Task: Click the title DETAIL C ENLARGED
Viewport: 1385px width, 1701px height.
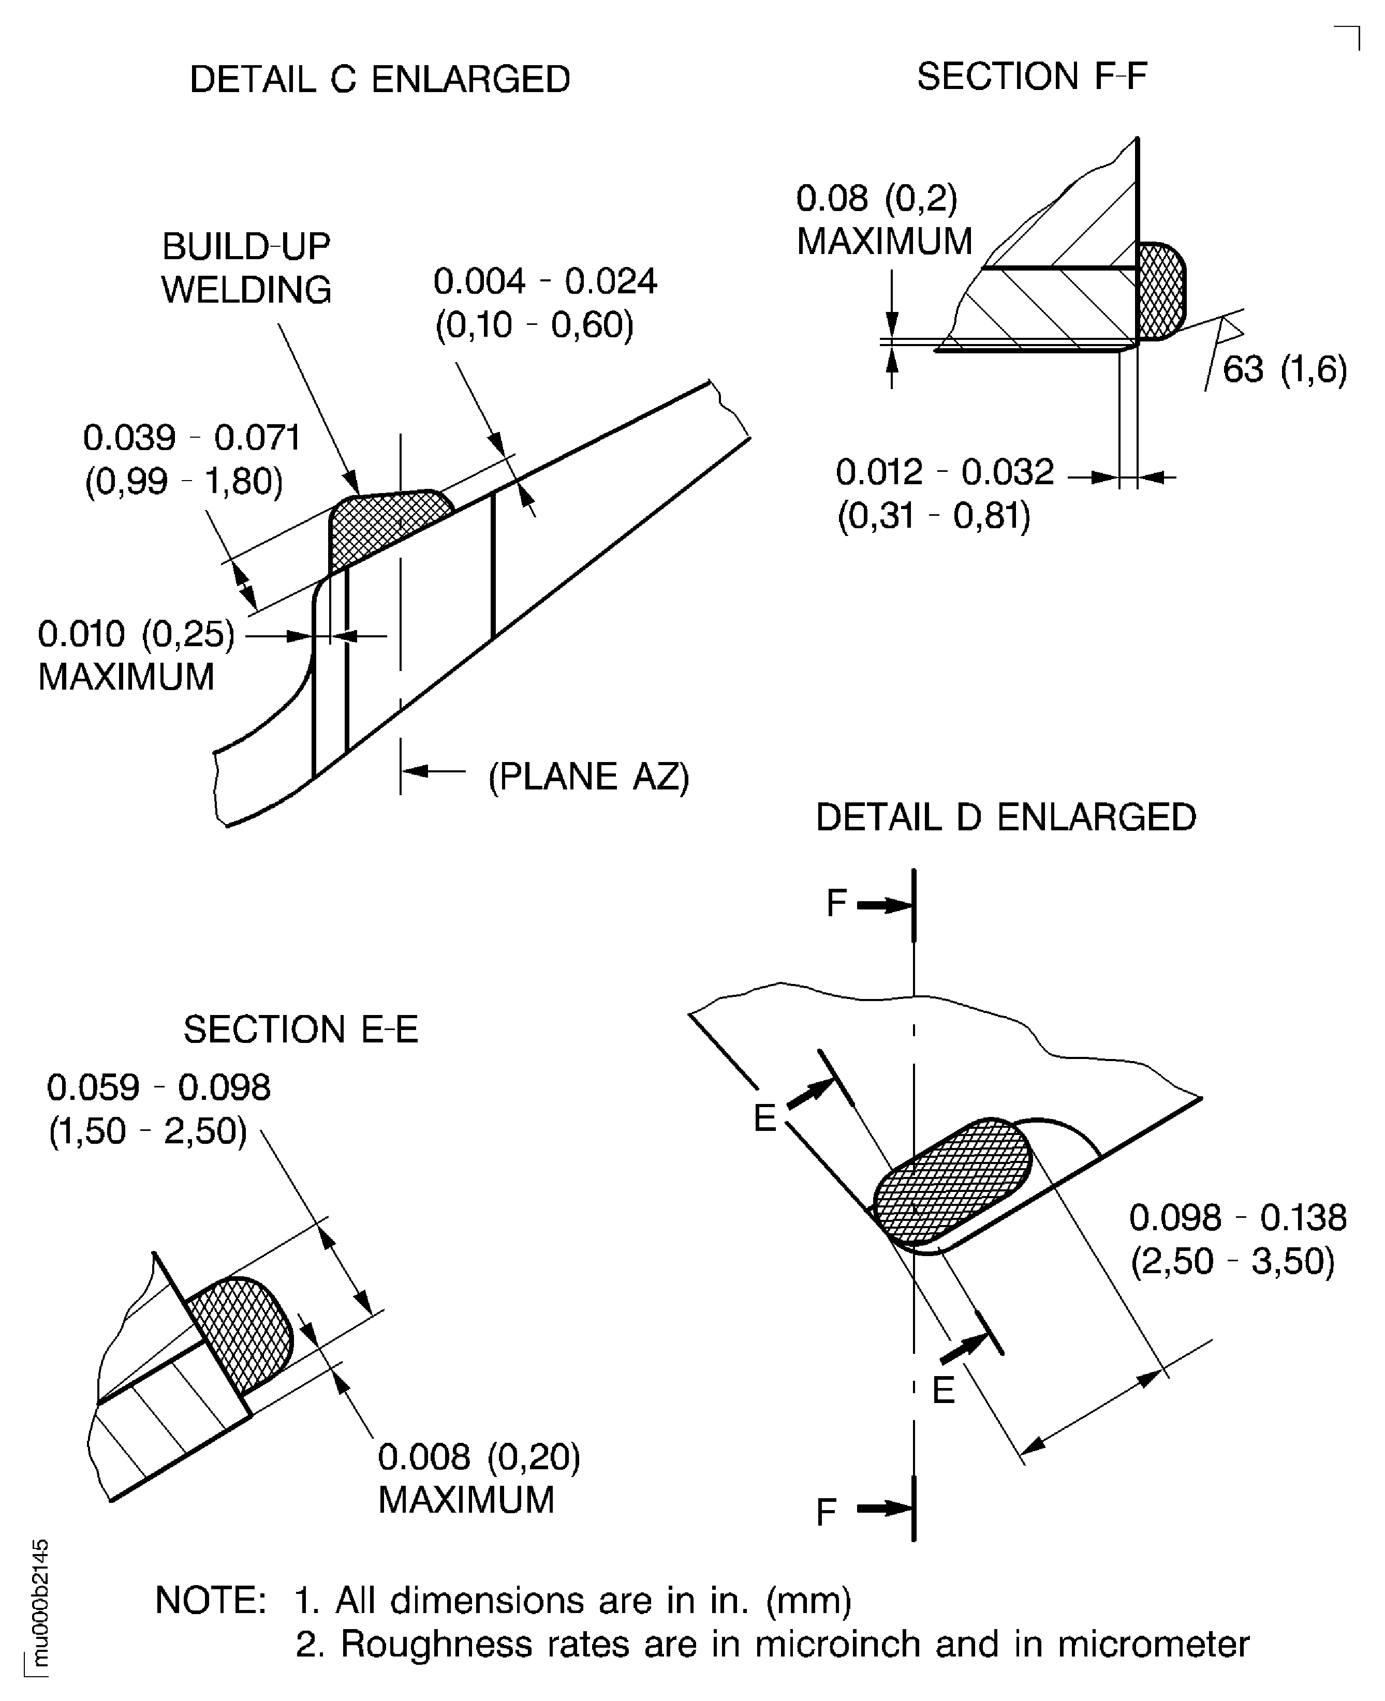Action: pos(380,80)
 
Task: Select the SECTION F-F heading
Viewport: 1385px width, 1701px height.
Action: pos(1031,77)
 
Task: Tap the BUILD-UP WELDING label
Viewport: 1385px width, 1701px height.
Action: pos(246,268)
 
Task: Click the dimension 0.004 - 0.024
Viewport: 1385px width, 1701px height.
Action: pos(545,281)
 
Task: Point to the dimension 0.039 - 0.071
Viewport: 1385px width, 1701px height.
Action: pos(192,438)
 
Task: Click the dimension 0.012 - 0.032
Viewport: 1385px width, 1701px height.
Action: pos(945,472)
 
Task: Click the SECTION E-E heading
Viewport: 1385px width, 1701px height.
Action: pos(301,1029)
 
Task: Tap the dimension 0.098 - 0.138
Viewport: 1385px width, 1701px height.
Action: pos(1237,1218)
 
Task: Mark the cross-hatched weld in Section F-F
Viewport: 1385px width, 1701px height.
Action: pos(1159,290)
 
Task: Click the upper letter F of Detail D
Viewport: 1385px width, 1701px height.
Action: pos(836,904)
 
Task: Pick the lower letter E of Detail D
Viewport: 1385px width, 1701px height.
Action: pos(943,1391)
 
